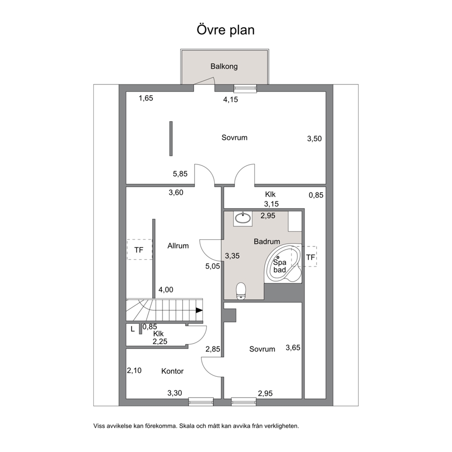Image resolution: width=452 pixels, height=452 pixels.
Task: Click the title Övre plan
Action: click(226, 30)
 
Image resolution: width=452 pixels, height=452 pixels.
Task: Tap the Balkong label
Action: click(224, 67)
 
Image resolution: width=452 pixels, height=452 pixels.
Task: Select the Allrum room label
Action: click(178, 246)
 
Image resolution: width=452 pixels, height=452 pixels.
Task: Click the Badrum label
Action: click(267, 241)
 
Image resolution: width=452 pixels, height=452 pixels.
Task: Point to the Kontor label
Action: click(172, 371)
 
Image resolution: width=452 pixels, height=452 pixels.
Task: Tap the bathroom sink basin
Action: click(243, 218)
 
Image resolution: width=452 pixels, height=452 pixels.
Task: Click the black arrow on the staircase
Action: click(199, 310)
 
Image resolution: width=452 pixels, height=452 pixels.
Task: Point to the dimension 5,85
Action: click(180, 174)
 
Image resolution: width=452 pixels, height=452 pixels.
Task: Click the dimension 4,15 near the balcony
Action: click(231, 100)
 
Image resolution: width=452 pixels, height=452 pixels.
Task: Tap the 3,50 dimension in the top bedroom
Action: click(314, 139)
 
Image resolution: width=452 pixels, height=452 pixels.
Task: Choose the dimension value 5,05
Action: click(213, 267)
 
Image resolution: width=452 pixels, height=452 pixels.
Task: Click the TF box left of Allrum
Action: click(139, 249)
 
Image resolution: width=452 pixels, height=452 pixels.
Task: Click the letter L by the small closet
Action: click(133, 329)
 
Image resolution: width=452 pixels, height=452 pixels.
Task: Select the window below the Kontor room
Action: click(201, 402)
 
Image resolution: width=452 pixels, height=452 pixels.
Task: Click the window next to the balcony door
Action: click(245, 88)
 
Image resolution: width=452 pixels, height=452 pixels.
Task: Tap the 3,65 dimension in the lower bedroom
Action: click(293, 348)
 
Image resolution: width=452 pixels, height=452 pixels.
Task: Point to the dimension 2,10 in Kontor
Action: click(134, 370)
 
